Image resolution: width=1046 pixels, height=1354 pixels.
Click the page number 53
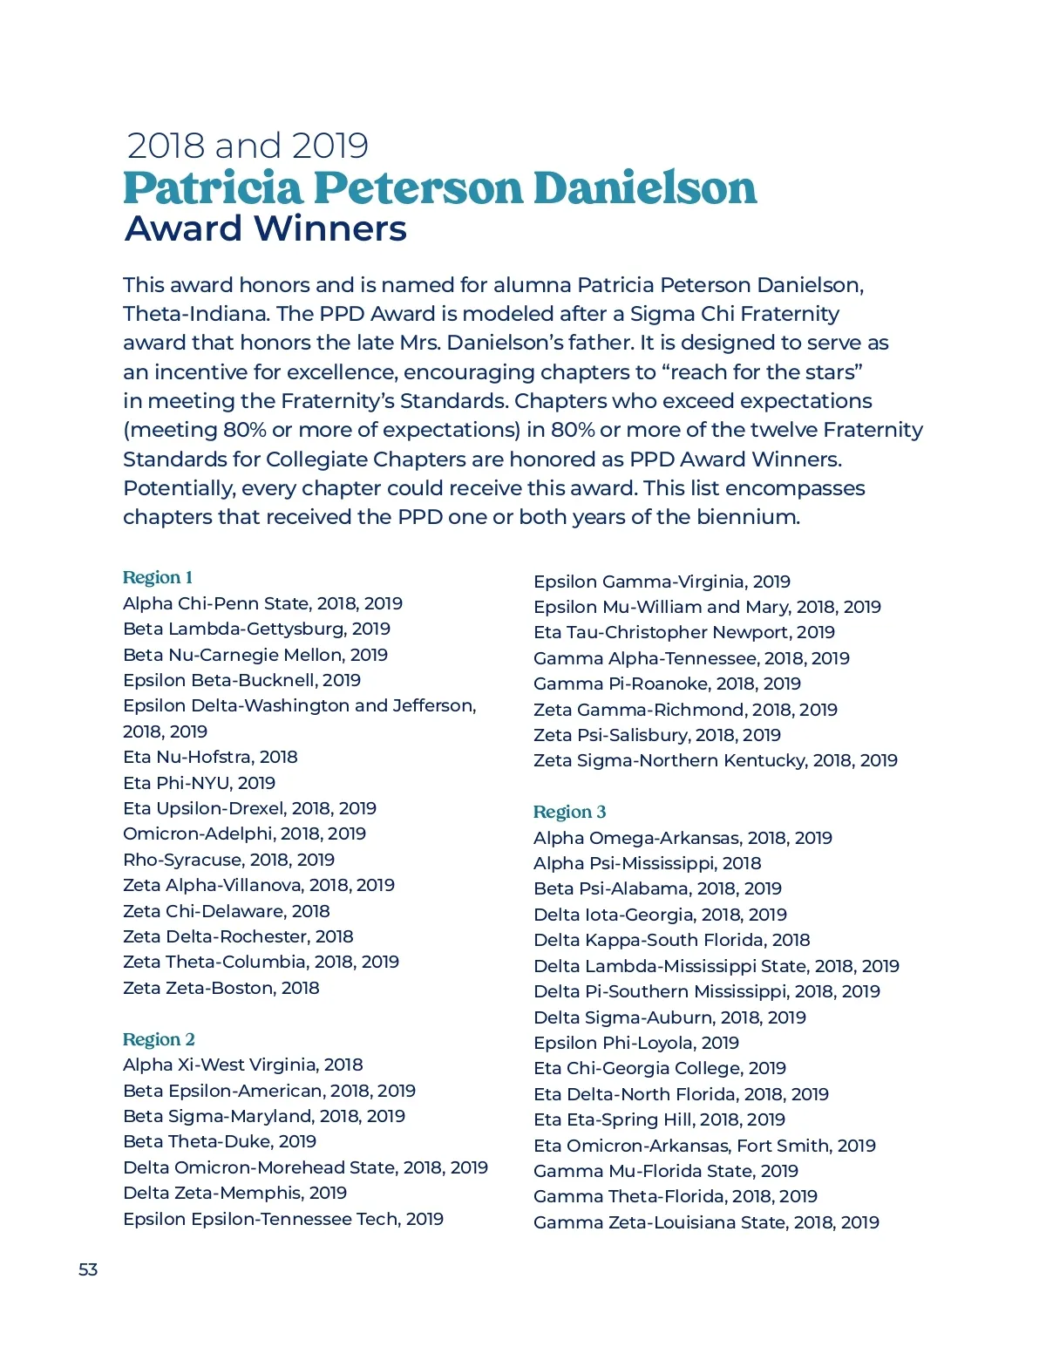tap(88, 1269)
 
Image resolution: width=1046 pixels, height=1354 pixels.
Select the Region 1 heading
tap(158, 577)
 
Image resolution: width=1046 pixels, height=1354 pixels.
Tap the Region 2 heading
tap(159, 1039)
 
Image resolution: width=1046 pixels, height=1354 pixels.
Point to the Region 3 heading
tap(569, 812)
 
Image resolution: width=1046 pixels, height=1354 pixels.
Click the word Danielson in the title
tap(645, 188)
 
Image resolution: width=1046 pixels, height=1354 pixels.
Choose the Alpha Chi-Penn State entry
tap(262, 603)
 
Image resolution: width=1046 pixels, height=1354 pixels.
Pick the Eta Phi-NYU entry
tap(199, 783)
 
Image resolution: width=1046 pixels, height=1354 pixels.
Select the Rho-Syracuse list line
tap(228, 860)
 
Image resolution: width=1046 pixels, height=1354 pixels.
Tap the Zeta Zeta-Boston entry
tap(221, 988)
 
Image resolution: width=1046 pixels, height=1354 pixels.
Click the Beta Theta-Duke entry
tap(220, 1141)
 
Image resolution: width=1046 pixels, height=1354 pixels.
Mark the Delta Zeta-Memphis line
tap(234, 1193)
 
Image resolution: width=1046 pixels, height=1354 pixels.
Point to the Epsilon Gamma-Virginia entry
tap(662, 582)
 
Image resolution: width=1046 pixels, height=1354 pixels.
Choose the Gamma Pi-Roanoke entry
tap(667, 684)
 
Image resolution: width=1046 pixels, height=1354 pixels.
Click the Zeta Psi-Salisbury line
tap(656, 735)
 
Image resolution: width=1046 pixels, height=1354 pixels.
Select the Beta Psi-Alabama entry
tap(657, 888)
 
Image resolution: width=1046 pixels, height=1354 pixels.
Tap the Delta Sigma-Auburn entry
tap(669, 1017)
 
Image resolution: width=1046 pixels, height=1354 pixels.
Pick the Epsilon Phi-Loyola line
tap(635, 1043)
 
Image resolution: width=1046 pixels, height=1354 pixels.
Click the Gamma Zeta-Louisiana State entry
tap(706, 1222)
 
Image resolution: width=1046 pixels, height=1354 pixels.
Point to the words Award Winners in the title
tap(266, 229)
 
